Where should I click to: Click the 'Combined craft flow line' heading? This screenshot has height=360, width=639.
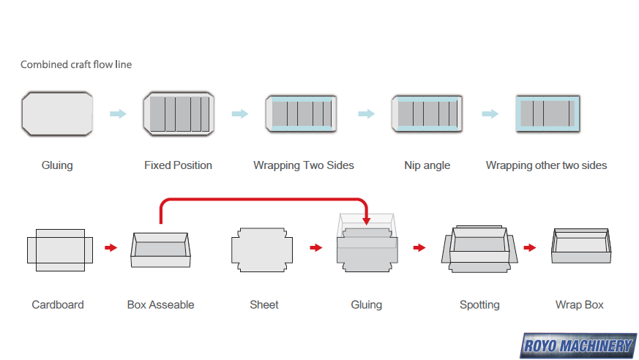(76, 64)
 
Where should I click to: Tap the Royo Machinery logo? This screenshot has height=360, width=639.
(578, 345)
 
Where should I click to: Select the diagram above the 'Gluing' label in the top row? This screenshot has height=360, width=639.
(57, 113)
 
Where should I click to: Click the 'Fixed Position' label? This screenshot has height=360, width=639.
(178, 165)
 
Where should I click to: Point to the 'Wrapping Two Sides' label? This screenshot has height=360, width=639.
(304, 165)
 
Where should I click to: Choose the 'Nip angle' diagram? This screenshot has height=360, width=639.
(427, 113)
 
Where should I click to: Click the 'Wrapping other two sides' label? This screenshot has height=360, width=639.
(546, 165)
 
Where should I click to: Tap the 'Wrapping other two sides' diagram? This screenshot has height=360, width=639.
(548, 113)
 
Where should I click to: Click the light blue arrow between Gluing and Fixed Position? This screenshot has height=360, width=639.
(117, 113)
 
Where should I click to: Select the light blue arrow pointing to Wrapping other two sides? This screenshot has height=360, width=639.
(490, 113)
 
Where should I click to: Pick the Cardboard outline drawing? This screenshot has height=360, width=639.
(59, 250)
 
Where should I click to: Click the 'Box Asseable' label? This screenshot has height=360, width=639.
(160, 304)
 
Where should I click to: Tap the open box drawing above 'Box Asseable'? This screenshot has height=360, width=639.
(160, 250)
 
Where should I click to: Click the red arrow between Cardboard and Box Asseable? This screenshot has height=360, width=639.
(111, 248)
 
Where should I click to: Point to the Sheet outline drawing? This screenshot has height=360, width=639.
(262, 250)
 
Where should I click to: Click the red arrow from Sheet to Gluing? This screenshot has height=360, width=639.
(315, 248)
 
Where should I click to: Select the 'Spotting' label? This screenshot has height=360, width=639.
(479, 304)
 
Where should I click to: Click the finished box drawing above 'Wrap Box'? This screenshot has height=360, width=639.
(580, 247)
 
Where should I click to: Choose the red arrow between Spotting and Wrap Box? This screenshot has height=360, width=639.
(529, 248)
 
